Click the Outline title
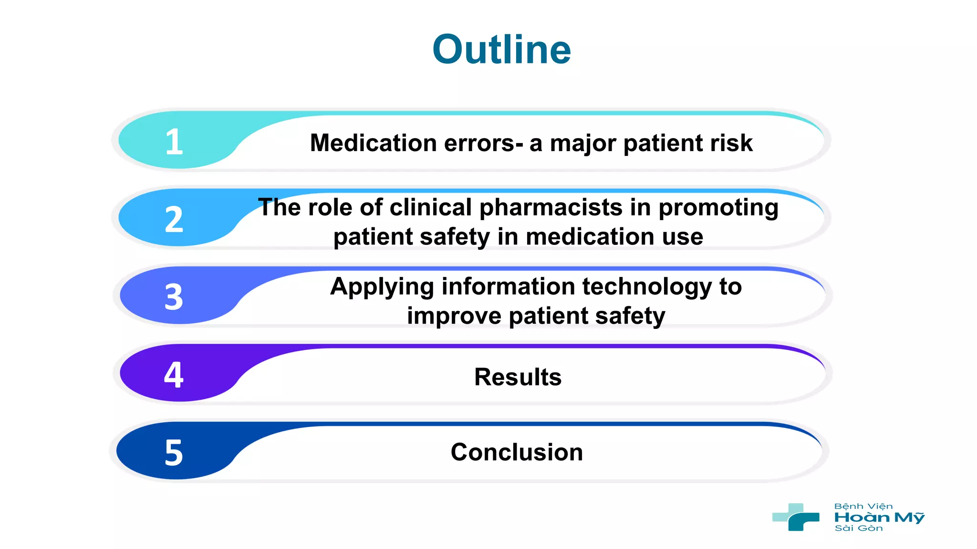click(x=501, y=50)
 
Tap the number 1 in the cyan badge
click(x=174, y=142)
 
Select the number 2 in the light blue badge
click(x=174, y=220)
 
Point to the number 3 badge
click(x=174, y=297)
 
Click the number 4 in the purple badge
click(x=174, y=375)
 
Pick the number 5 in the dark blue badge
click(x=174, y=453)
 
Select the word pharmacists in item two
click(x=551, y=208)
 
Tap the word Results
click(x=518, y=377)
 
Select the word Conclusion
click(x=517, y=452)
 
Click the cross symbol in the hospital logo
click(x=796, y=517)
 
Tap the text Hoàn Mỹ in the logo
click(x=879, y=518)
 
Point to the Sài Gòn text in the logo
click(x=858, y=529)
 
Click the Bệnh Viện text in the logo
click(x=863, y=507)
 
